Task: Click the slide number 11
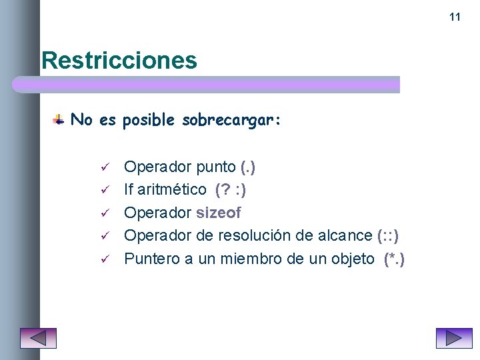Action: point(455,17)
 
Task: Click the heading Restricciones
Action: point(119,61)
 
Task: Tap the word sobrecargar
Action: point(231,120)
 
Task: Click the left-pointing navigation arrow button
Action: point(38,338)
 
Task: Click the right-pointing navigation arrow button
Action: point(454,338)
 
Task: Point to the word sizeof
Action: point(219,213)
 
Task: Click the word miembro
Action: point(255,259)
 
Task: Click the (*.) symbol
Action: point(394,259)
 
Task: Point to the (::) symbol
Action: point(388,235)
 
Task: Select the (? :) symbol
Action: point(231,190)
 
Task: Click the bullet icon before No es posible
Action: point(59,120)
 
